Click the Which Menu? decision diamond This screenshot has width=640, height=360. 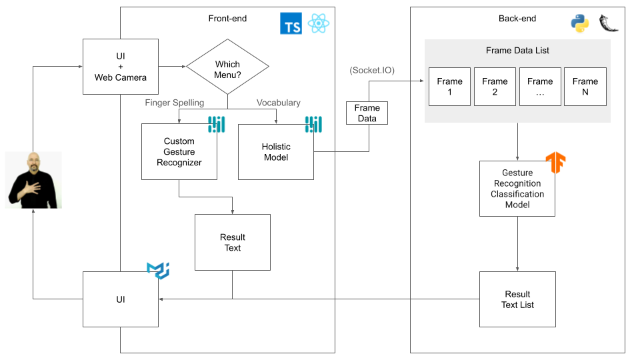point(227,70)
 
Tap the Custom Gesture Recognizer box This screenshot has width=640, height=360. point(179,151)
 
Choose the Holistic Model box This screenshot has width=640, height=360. point(276,151)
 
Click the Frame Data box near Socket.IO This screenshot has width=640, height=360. point(367,113)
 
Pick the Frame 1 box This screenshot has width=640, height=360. point(449,87)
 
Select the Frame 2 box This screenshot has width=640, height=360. point(495,87)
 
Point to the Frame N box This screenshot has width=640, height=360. point(585,87)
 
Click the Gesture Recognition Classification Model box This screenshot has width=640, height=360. point(517,189)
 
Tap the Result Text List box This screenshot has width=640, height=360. point(517,299)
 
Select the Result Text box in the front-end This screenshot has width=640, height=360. point(232,242)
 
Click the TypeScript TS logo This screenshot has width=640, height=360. point(291,24)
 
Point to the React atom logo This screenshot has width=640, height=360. point(319,24)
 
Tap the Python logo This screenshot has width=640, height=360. point(580,24)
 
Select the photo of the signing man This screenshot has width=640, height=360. point(33,180)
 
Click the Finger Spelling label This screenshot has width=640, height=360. point(175,103)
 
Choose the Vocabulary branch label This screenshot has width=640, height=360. point(279,103)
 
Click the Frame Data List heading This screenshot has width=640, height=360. point(517,51)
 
